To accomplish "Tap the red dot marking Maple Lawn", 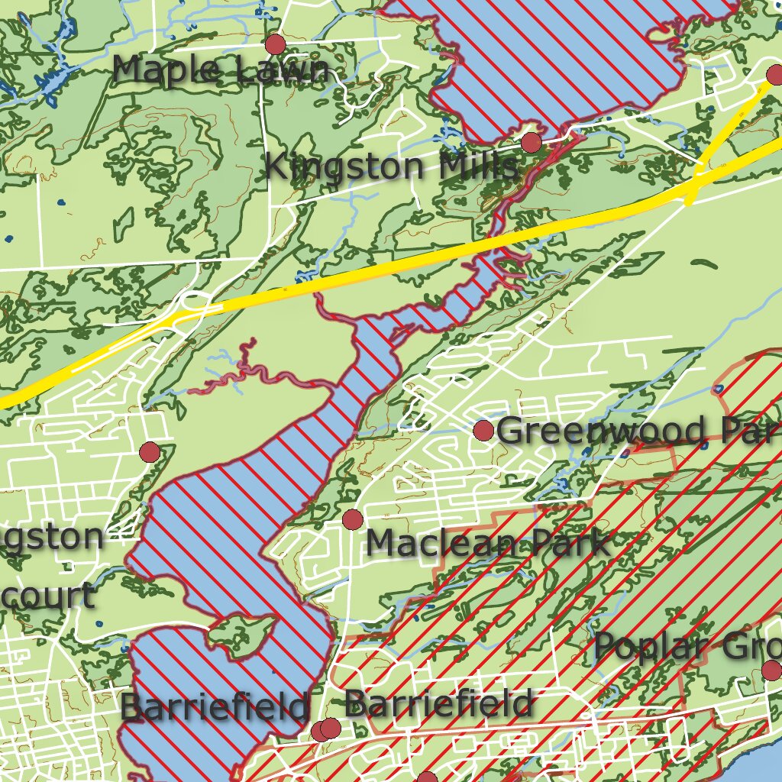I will tap(275, 44).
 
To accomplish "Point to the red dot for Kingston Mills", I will tap(532, 142).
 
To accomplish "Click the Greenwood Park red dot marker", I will tap(483, 431).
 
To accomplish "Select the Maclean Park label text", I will tap(487, 544).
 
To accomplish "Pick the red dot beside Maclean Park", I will tap(352, 520).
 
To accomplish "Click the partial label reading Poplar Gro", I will tap(687, 647).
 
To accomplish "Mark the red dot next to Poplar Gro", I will tap(771, 671).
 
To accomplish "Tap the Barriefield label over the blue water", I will tap(215, 706).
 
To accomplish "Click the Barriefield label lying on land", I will tap(438, 703).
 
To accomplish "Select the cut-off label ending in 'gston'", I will tap(52, 538).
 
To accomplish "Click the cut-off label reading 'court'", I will tap(47, 596).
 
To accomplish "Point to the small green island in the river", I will tap(243, 633).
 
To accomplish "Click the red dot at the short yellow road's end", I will tap(774, 75).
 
